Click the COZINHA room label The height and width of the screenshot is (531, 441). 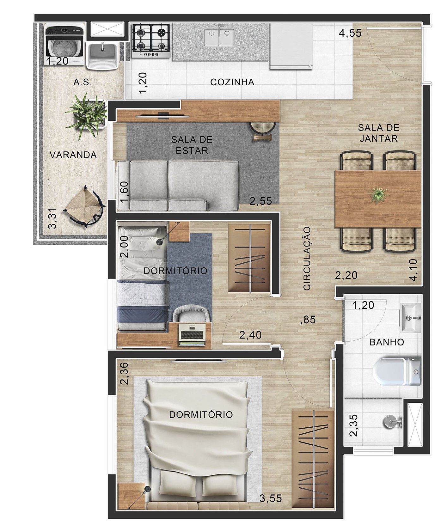(232, 82)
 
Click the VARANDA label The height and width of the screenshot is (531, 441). (73, 155)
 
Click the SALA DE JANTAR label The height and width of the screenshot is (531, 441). (378, 133)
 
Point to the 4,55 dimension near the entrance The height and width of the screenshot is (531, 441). (350, 33)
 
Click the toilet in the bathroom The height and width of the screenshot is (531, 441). (397, 371)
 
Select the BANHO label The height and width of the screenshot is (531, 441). (386, 342)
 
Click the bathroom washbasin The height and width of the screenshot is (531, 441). (411, 318)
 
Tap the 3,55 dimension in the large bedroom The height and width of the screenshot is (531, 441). (271, 498)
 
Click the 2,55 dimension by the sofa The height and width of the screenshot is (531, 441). (260, 201)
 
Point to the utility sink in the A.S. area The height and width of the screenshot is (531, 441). (102, 55)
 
